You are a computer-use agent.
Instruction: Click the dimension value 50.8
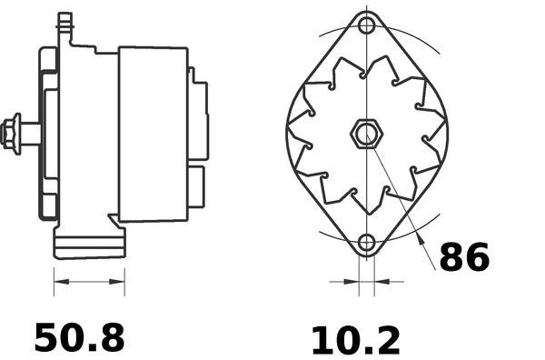79,337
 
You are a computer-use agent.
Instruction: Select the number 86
464,258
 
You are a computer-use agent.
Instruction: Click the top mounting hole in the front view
366,24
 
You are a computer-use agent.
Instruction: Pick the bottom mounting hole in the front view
366,243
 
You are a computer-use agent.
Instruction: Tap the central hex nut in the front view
365,135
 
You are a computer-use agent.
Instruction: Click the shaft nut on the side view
12,133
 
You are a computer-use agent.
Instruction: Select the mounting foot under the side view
88,244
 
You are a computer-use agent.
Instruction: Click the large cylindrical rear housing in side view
153,133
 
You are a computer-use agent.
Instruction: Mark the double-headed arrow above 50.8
89,282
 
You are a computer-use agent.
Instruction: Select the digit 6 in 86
477,258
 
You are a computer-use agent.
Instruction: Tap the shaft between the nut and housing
30,133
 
